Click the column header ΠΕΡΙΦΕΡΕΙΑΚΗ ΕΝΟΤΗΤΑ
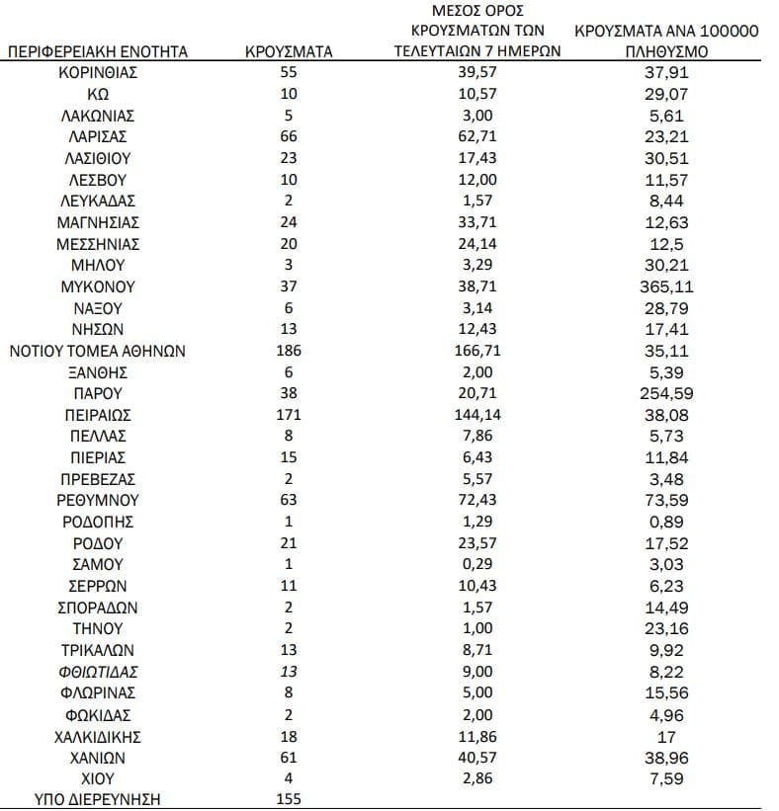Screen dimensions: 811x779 [x=98, y=51]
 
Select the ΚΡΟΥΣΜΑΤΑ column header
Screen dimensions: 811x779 [x=289, y=51]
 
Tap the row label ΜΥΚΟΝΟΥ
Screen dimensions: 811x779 [x=98, y=286]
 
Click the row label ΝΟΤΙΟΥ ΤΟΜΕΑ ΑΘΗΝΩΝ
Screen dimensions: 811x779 [x=98, y=351]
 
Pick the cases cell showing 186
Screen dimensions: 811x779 [x=289, y=351]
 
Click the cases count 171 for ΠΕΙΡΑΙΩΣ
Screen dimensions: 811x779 [x=289, y=415]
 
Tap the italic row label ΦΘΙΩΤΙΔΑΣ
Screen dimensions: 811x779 [x=98, y=672]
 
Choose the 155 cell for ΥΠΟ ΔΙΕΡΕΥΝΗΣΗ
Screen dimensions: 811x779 [x=289, y=799]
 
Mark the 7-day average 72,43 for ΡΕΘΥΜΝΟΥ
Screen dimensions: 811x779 [x=476, y=500]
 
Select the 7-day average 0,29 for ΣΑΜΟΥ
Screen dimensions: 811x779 [x=476, y=564]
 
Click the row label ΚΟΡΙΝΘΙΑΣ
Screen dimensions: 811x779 [x=98, y=73]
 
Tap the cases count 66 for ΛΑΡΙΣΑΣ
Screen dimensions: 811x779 [x=289, y=136]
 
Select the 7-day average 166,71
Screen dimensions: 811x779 [x=476, y=351]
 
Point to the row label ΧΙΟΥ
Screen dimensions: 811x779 [x=98, y=778]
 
